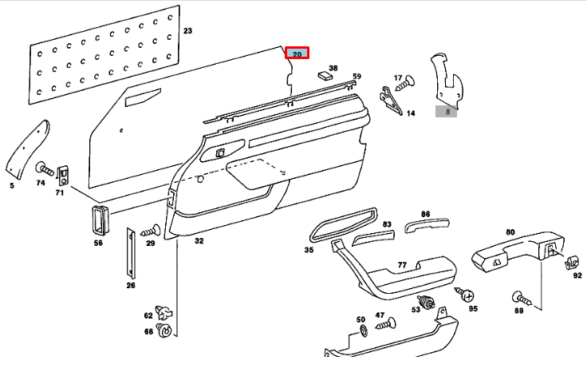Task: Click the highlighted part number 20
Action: tap(297, 54)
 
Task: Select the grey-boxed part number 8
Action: tap(447, 113)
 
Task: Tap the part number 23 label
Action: tap(187, 31)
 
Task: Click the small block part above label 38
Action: tap(325, 77)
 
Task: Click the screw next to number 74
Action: tap(44, 169)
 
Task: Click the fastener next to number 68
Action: tap(165, 328)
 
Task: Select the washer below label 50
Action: tap(360, 331)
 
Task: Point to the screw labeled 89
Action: tap(518, 299)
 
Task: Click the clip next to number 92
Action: tap(571, 260)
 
